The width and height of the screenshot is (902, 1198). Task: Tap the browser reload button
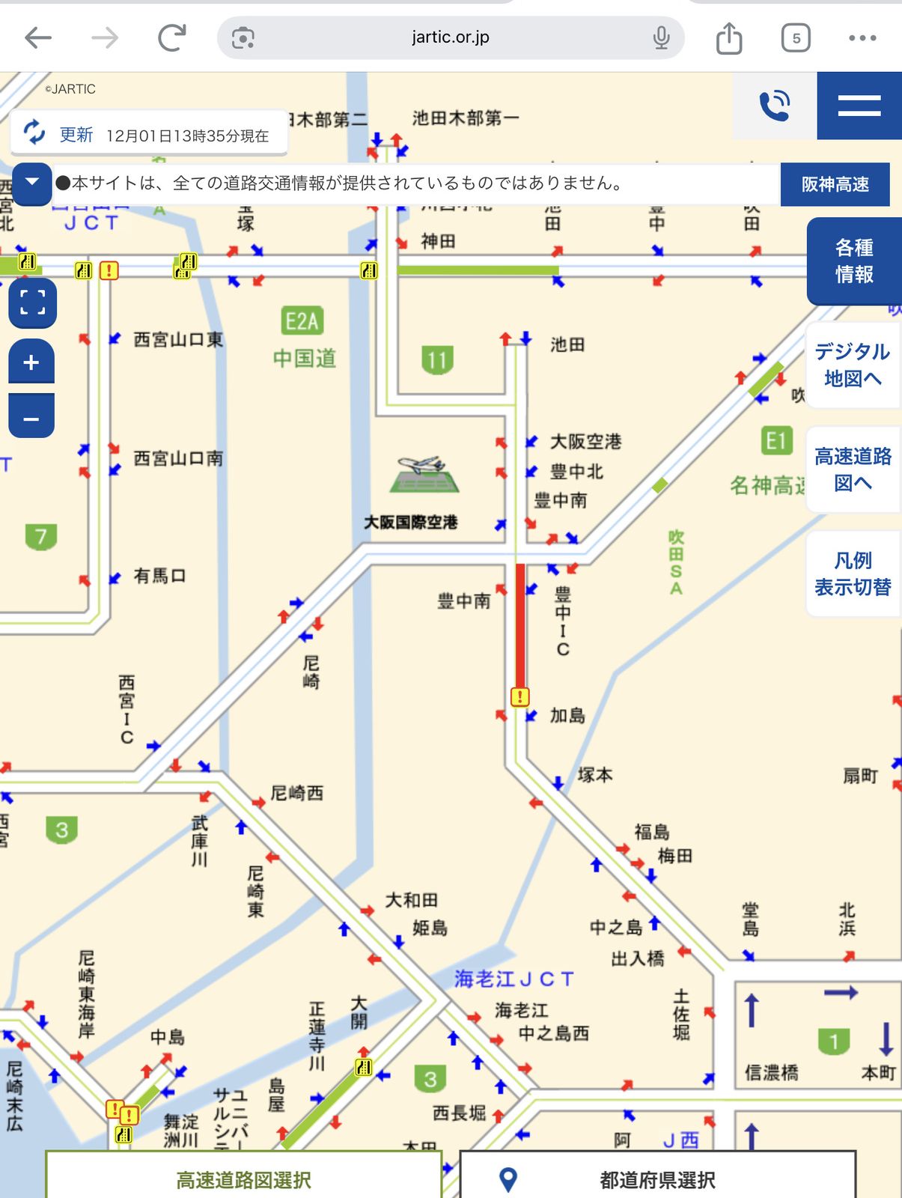171,37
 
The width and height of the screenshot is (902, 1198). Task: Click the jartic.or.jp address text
450,37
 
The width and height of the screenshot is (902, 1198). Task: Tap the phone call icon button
774,106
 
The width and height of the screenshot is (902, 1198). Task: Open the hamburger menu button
859,106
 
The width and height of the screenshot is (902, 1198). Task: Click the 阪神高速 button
835,184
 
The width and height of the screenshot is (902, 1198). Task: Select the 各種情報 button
854,261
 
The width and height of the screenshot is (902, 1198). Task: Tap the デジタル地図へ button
852,365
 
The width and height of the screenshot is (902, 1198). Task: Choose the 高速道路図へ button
853,469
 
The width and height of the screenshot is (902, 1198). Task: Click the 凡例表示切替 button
853,574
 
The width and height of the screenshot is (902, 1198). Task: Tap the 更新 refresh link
75,135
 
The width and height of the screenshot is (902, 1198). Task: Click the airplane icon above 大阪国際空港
424,475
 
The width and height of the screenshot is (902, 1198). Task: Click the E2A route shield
302,321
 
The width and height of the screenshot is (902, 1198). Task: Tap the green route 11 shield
437,360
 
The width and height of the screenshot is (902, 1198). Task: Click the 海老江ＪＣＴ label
514,979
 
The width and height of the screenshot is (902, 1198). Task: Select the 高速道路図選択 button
243,1179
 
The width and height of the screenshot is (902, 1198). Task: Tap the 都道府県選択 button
657,1179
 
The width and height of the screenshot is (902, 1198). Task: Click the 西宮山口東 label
178,340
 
